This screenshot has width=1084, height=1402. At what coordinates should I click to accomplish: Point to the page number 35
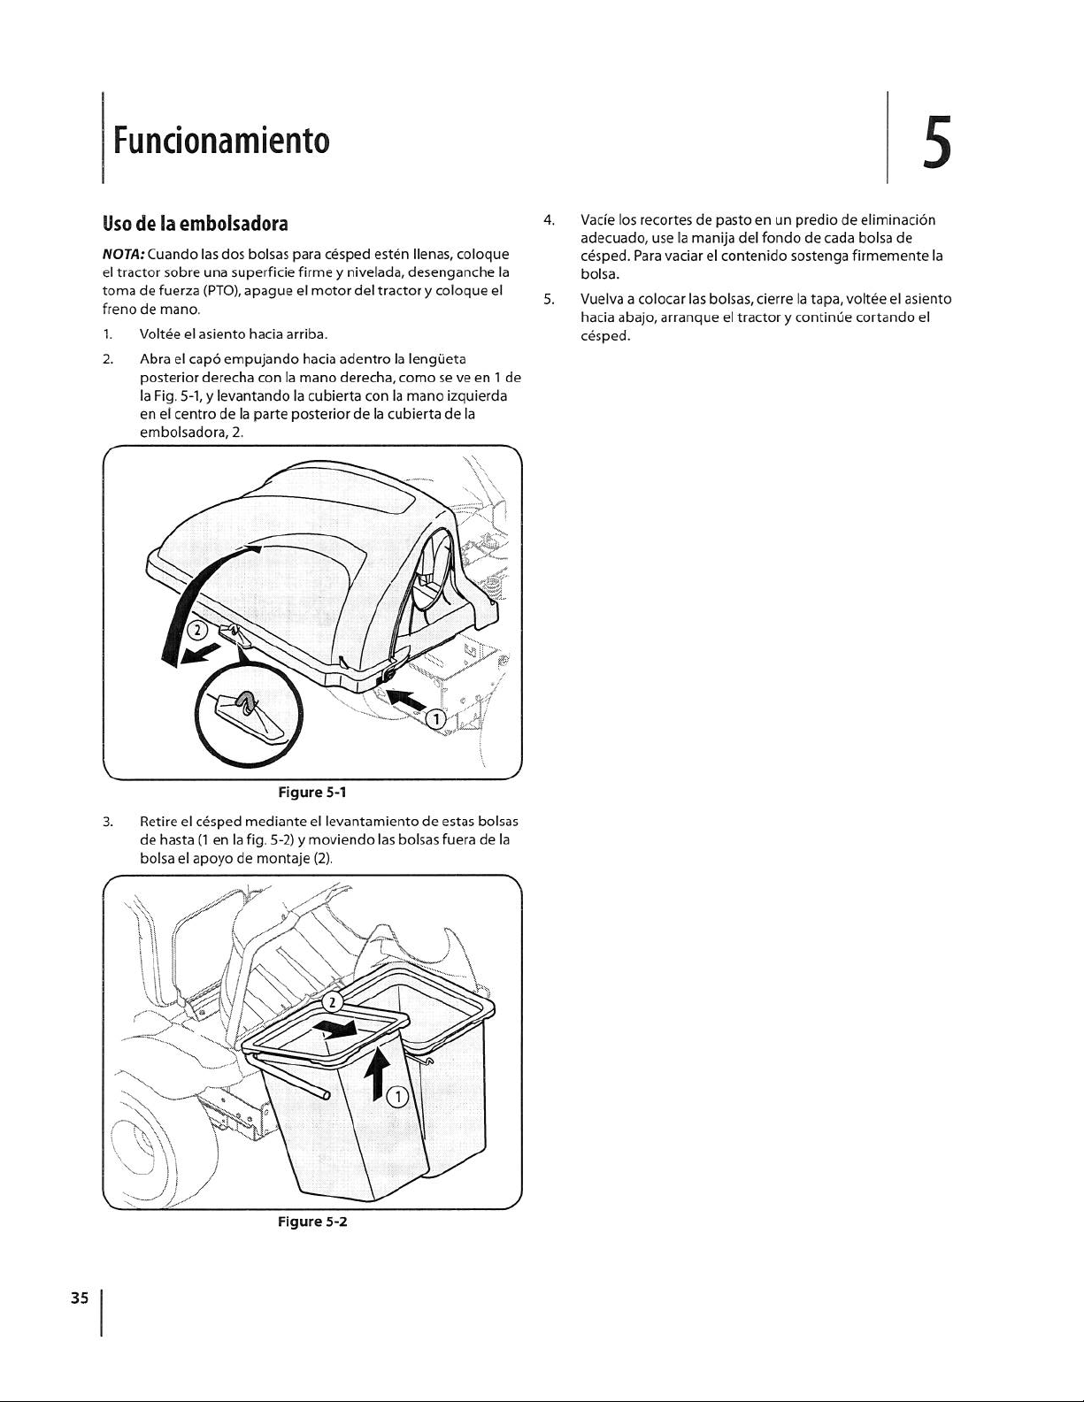[80, 1298]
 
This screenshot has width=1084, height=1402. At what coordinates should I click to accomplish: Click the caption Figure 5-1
[305, 788]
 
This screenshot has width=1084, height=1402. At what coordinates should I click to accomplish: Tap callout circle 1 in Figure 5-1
[435, 719]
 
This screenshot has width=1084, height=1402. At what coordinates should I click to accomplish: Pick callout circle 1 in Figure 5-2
[399, 1097]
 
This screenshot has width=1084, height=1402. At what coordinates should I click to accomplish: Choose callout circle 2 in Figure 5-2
[330, 1003]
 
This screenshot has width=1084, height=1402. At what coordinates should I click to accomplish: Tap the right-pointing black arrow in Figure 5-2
[340, 1029]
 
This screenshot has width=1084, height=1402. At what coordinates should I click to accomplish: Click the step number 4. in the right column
[550, 219]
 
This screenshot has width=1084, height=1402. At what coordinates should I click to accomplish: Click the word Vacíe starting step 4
[598, 219]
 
